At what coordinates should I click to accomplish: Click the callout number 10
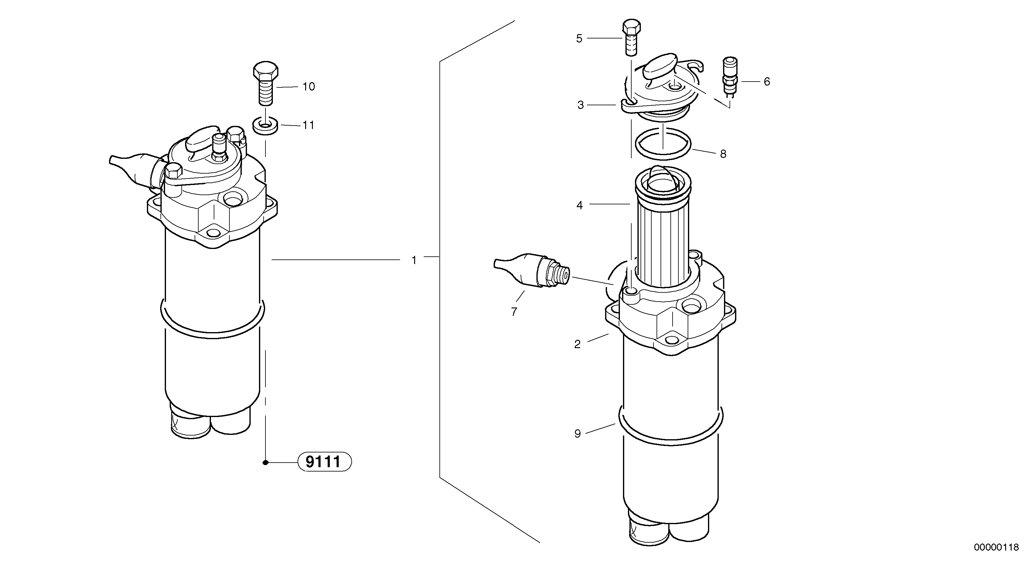point(309,86)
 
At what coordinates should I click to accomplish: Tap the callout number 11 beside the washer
point(308,125)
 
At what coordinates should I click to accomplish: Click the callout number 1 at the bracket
point(414,260)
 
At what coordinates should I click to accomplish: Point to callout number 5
point(579,39)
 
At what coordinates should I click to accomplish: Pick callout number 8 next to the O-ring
point(723,154)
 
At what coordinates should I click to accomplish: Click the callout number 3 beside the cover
point(580,105)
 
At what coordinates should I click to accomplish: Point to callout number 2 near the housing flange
point(577,344)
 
